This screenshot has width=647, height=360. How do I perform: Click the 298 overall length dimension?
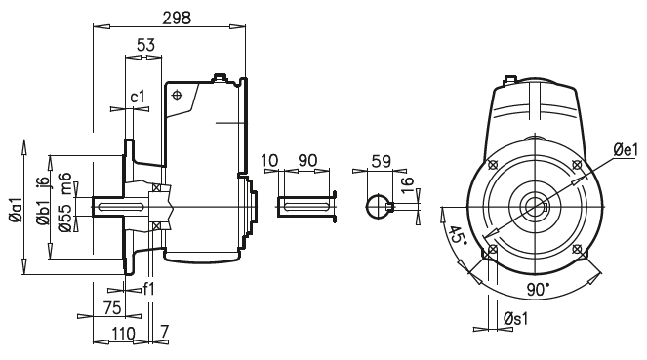(x=177, y=18)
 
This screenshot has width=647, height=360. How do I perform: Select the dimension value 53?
(x=146, y=45)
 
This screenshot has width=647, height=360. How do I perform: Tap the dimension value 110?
(x=121, y=334)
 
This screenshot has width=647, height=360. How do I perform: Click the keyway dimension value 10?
(x=270, y=159)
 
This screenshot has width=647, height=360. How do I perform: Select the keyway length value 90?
(x=307, y=159)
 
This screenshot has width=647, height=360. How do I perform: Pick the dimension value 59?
(x=382, y=159)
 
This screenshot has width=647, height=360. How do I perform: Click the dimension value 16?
(x=407, y=183)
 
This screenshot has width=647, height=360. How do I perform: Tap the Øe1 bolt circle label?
(x=624, y=150)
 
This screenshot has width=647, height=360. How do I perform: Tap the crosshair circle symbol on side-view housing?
(x=178, y=96)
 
